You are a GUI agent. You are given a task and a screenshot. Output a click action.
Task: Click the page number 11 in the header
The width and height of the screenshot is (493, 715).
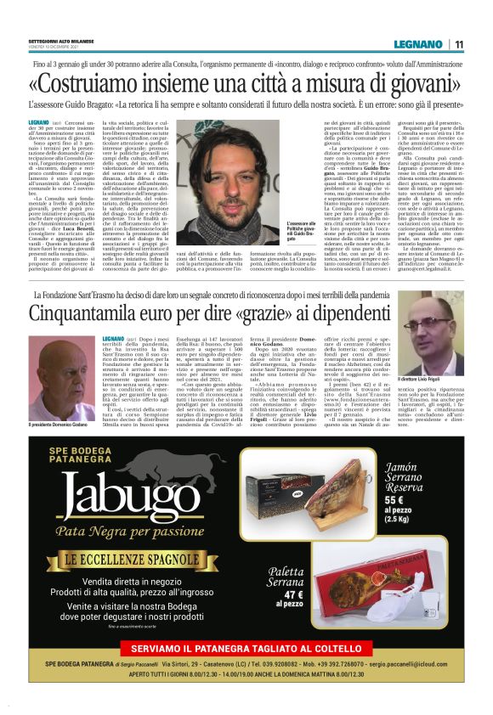click(x=459, y=44)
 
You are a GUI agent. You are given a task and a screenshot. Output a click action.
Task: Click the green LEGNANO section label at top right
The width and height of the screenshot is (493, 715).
click(x=418, y=44)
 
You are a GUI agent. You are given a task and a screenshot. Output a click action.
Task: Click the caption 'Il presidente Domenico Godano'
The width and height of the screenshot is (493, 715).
click(x=61, y=424)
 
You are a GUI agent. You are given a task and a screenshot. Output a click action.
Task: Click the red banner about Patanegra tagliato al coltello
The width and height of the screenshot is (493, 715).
click(x=246, y=650)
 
